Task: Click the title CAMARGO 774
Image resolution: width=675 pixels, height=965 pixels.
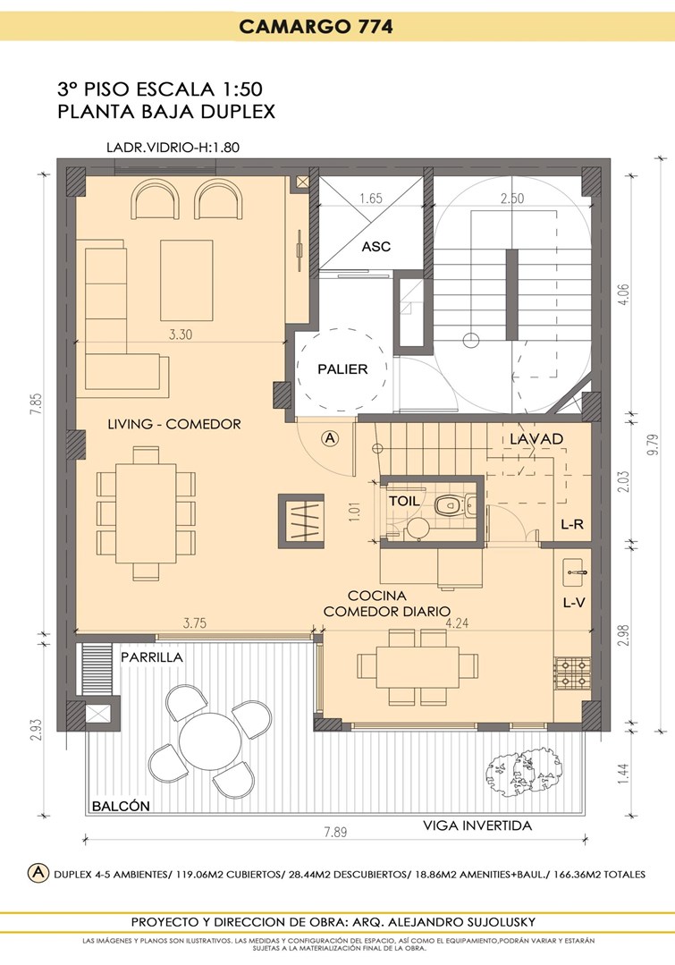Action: point(316,27)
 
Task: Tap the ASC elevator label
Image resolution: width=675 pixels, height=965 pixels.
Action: point(376,246)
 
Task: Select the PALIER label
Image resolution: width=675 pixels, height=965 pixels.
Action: point(342,368)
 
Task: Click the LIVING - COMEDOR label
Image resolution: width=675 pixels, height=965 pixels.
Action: point(174,423)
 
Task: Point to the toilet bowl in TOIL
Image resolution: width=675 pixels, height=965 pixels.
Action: point(450,506)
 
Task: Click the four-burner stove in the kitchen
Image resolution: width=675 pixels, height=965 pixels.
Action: point(572,673)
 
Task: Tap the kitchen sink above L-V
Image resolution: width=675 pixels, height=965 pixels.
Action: point(575,572)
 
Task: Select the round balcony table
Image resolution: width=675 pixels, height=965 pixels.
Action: point(210,741)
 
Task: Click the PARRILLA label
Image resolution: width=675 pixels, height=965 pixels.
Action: point(152,656)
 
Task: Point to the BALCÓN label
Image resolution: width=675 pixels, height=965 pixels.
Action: point(122,806)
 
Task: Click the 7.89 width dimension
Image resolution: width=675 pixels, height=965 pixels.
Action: point(335,832)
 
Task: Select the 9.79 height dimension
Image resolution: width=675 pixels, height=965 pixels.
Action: point(654,444)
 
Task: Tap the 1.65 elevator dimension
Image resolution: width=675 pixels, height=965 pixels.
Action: point(371,199)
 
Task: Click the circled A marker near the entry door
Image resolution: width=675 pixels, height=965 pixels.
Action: point(331,438)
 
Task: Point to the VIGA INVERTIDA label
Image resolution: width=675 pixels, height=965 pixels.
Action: point(477,825)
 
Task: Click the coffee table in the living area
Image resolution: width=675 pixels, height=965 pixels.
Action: point(187,281)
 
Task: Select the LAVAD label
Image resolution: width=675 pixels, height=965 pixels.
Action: point(536,439)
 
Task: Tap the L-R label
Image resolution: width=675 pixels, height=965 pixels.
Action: point(572,525)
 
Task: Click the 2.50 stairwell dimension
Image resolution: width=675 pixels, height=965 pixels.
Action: point(512,199)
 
